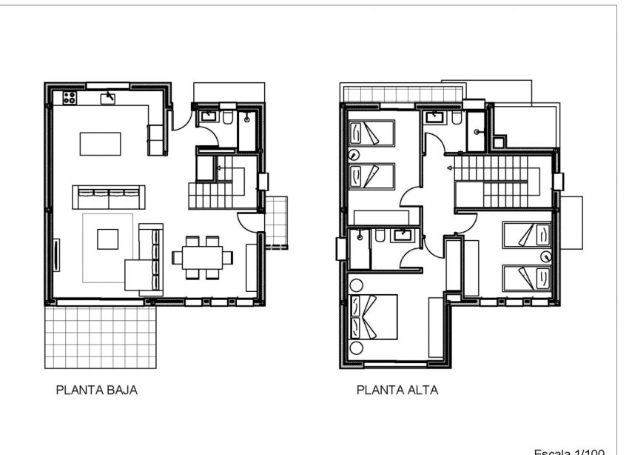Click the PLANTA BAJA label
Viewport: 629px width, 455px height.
(x=97, y=389)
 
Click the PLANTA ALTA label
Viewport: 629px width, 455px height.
(x=397, y=389)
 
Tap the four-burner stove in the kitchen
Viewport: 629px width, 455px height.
(x=70, y=97)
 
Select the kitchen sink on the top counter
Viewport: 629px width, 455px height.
(x=110, y=97)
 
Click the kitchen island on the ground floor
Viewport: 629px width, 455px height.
(x=100, y=143)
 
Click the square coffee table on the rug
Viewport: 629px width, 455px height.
(x=107, y=239)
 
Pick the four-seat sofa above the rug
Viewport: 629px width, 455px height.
(x=108, y=198)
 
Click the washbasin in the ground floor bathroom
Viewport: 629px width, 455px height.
(x=208, y=116)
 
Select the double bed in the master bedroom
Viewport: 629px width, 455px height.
(x=374, y=316)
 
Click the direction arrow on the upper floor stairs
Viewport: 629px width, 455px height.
(x=450, y=168)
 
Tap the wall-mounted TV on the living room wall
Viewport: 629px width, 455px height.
(x=57, y=256)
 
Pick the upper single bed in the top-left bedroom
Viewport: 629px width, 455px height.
(x=371, y=133)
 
